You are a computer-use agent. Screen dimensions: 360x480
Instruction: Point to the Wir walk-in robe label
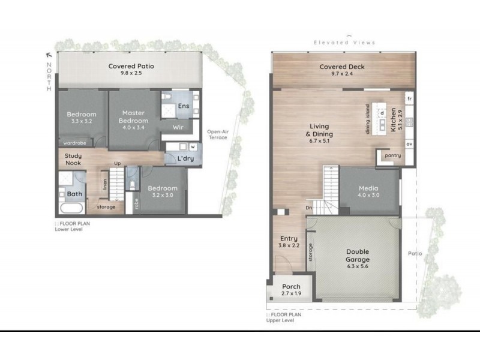click(178, 127)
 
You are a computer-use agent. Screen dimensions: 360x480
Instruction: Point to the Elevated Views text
click(344, 43)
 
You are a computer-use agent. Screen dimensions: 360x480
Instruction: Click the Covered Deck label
click(342, 67)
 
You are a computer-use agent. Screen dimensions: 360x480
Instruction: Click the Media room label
click(368, 187)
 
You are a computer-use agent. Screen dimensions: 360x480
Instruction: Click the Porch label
click(291, 287)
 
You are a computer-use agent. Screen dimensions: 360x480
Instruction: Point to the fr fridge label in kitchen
click(409, 98)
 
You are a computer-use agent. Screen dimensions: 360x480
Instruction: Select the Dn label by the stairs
click(310, 208)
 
